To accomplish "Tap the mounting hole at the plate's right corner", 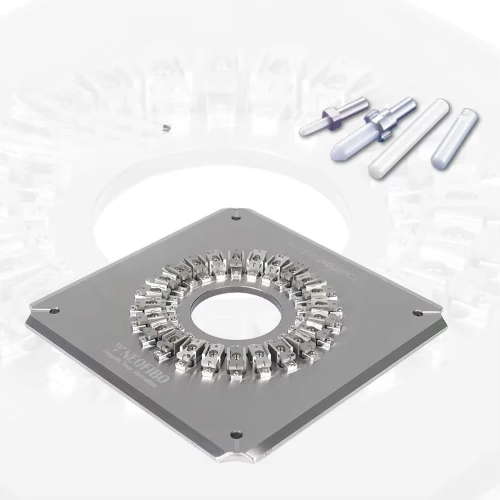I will point(417,313).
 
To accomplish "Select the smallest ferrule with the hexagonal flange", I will point(333,116).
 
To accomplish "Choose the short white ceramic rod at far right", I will point(454,137).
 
